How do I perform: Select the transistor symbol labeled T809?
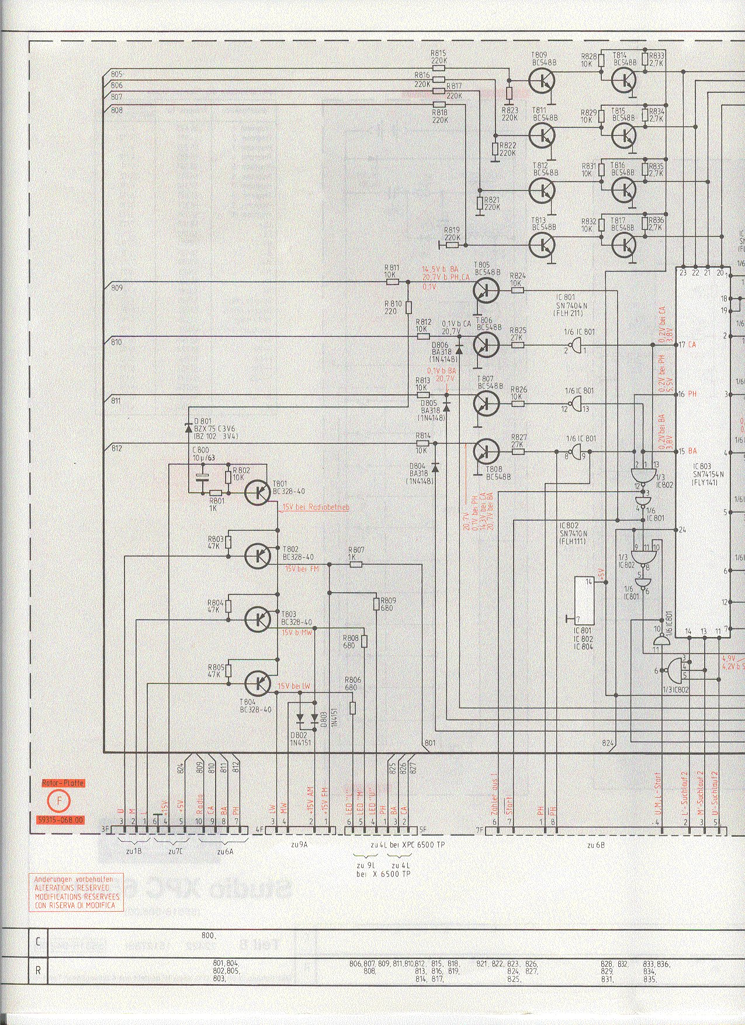(542, 81)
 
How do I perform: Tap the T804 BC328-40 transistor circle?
(258, 682)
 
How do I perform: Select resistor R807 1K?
(356, 565)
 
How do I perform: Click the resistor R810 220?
(409, 307)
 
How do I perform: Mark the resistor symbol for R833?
(644, 58)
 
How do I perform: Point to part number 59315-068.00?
(60, 820)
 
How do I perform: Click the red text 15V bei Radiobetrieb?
(316, 508)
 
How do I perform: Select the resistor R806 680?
(353, 708)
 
